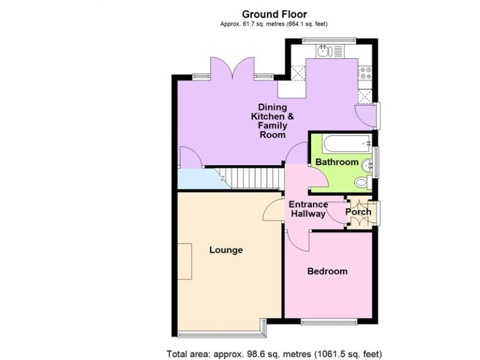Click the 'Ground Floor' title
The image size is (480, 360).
(274, 14)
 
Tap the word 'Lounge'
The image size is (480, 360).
(226, 250)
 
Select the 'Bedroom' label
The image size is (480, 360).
(327, 271)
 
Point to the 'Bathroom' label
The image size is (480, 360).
(337, 162)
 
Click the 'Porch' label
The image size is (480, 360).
(358, 212)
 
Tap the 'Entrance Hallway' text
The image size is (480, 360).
(308, 209)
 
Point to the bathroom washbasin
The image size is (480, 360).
(369, 165)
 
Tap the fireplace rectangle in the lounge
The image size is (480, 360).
(185, 262)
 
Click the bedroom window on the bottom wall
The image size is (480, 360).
(328, 322)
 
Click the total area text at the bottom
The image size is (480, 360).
(274, 353)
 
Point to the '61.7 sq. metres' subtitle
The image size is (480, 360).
(274, 24)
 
